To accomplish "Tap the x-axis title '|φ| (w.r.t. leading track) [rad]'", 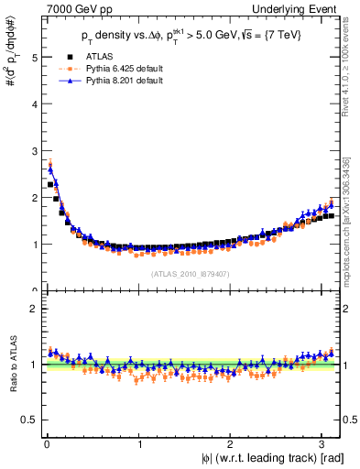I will [x=261, y=458].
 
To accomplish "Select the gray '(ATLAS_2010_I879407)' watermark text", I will [x=190, y=273].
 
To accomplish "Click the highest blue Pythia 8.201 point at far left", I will [x=49, y=168].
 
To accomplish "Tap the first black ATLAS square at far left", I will [x=49, y=184].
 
